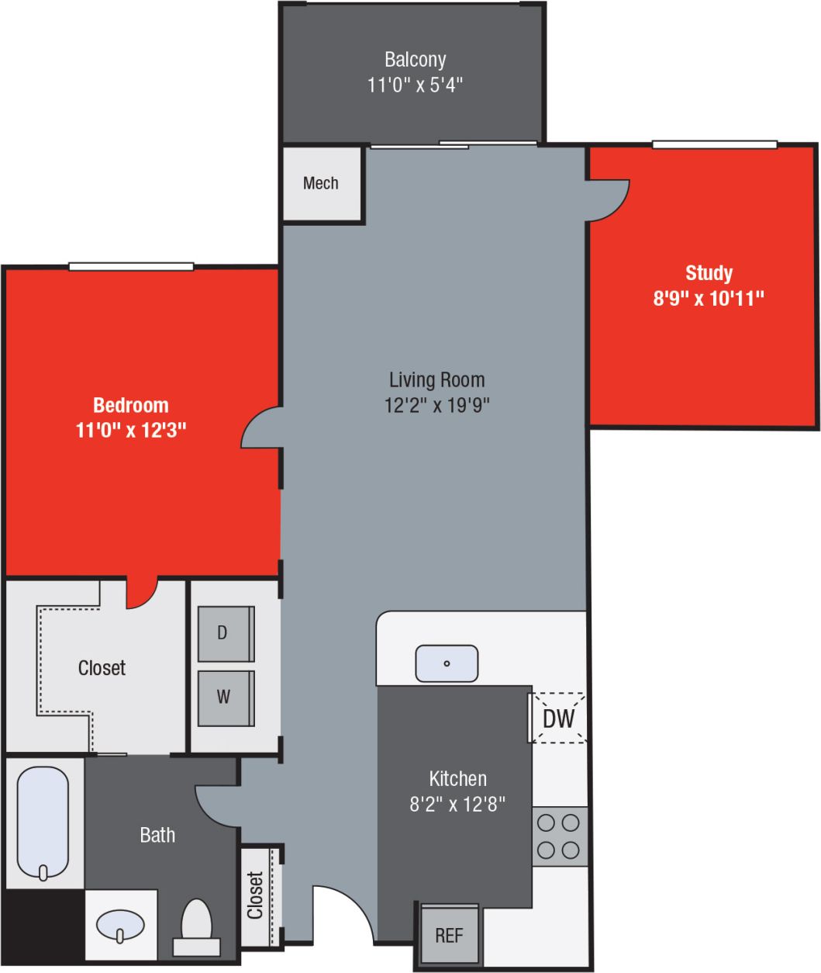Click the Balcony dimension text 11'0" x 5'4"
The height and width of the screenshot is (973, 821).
click(415, 84)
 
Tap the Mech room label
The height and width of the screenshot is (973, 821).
click(321, 183)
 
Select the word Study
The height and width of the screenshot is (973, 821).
click(709, 273)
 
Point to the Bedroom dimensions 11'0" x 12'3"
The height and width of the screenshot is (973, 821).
click(131, 430)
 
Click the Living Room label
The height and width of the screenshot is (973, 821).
click(436, 379)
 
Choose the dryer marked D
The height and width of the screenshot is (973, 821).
click(225, 633)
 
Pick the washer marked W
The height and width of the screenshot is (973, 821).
click(225, 697)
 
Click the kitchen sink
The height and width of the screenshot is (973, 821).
click(447, 663)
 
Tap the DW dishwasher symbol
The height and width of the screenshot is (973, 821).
click(558, 718)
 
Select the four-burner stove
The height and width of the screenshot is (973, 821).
click(559, 836)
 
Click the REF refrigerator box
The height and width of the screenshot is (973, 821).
click(450, 935)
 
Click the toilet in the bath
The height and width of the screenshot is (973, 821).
click(196, 926)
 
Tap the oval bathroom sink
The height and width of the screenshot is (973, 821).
click(120, 924)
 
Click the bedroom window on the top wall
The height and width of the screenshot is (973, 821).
click(131, 267)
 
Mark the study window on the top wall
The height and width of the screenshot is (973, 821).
click(714, 144)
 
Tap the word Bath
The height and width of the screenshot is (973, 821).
click(157, 835)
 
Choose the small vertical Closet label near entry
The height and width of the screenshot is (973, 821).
click(255, 895)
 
